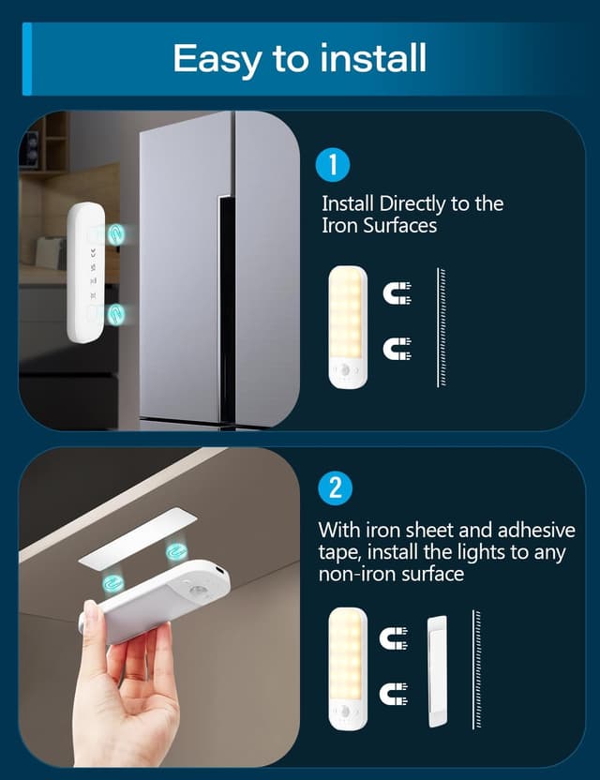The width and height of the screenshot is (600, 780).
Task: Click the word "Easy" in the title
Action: pyautogui.click(x=217, y=60)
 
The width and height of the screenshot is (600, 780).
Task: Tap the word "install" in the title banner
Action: pyautogui.click(x=373, y=58)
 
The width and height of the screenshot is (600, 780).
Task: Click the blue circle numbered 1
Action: pyautogui.click(x=333, y=165)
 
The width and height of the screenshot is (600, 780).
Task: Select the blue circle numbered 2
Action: pyautogui.click(x=336, y=488)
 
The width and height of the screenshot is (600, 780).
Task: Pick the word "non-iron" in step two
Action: pyautogui.click(x=357, y=575)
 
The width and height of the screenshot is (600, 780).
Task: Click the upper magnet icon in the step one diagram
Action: pyautogui.click(x=397, y=293)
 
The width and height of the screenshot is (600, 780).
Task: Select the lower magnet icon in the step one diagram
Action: pyautogui.click(x=397, y=348)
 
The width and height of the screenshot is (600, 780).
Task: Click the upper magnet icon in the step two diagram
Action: pyautogui.click(x=394, y=638)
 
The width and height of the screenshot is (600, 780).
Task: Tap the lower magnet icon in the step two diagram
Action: pyautogui.click(x=394, y=694)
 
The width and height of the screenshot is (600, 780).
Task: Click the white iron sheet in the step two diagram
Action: pyautogui.click(x=437, y=671)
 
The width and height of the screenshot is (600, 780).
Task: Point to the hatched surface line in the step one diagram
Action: pyautogui.click(x=441, y=327)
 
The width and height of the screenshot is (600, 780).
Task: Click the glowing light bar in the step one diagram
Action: pyautogui.click(x=348, y=327)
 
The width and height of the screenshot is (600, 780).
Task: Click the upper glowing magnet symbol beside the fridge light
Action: pyautogui.click(x=115, y=233)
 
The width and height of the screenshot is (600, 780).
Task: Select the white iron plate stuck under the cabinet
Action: pyautogui.click(x=139, y=536)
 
